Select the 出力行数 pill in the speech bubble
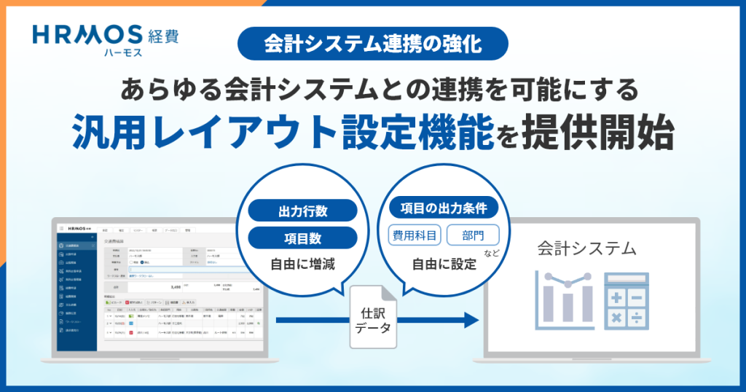303,211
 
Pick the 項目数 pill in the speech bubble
303,238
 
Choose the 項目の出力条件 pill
444,208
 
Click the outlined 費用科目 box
415,235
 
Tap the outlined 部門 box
473,235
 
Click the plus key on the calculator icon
617,297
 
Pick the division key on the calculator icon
637,317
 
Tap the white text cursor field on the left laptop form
182,269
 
